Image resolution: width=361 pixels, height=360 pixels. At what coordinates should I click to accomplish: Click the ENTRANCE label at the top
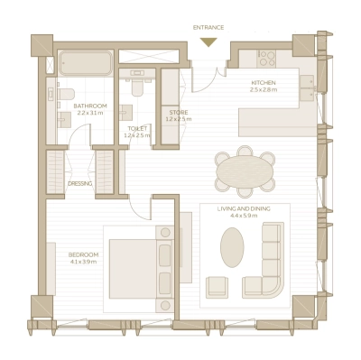tap(208, 27)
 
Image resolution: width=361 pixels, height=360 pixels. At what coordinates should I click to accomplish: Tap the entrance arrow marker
tap(208, 42)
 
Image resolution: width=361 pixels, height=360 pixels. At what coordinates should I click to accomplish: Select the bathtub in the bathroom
tap(86, 64)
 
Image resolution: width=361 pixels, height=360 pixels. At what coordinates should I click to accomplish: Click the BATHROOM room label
tap(89, 106)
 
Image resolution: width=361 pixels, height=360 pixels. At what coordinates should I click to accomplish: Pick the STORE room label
tap(177, 113)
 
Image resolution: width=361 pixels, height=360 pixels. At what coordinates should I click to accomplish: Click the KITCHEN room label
tap(264, 83)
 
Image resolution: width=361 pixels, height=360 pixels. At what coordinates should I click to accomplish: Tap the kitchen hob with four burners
tap(267, 59)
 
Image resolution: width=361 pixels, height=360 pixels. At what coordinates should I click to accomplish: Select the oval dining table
tap(245, 170)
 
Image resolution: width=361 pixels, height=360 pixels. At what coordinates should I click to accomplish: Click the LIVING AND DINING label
tap(245, 210)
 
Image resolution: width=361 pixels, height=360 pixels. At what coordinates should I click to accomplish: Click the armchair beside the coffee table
tap(218, 286)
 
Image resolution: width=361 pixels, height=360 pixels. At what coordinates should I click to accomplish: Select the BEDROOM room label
tap(83, 255)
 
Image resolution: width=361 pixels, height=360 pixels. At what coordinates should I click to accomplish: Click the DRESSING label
tap(79, 183)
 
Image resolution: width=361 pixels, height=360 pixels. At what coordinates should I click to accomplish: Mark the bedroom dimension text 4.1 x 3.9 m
tap(83, 263)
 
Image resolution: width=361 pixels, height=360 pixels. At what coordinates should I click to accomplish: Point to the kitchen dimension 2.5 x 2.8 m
tap(264, 90)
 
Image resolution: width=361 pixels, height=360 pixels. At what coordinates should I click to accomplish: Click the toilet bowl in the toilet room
tap(137, 88)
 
